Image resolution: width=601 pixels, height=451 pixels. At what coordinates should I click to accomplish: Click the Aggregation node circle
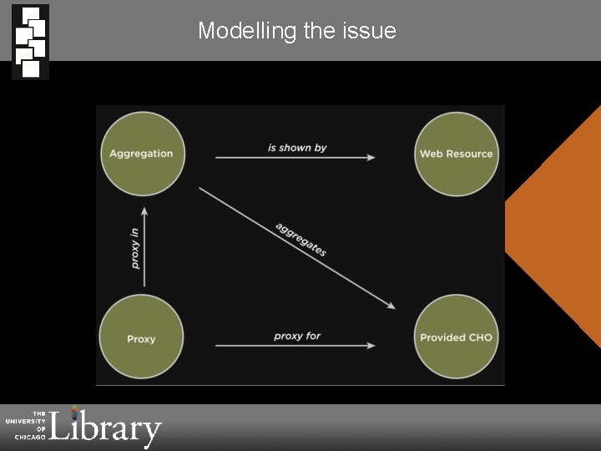pos(141,153)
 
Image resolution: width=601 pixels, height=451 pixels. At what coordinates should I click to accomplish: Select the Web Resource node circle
pos(456,154)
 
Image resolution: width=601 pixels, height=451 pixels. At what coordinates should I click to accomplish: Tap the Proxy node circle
pos(141,338)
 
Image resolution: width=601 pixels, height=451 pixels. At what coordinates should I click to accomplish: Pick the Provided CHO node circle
pos(456,337)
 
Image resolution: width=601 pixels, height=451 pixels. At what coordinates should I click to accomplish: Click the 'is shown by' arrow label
pos(297,148)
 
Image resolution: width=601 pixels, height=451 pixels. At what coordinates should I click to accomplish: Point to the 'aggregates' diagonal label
pos(300,240)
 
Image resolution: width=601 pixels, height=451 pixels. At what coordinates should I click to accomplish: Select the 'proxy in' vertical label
pos(135,248)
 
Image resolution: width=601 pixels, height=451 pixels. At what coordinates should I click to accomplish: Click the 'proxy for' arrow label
pos(297,336)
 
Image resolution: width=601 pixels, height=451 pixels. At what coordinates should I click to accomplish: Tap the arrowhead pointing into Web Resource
pos(370,157)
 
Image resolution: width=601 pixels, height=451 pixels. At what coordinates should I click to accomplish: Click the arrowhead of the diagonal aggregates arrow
pos(390,306)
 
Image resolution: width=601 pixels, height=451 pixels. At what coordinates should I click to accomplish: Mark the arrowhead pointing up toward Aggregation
pos(144,213)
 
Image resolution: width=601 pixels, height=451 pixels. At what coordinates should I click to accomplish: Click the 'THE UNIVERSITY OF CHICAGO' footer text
pos(27,424)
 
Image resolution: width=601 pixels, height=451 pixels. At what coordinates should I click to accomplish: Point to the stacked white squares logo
pos(30,41)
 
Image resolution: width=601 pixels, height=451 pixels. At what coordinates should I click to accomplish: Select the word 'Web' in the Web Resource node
pos(431,154)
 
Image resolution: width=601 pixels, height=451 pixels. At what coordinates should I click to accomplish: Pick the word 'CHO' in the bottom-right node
pos(481,337)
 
